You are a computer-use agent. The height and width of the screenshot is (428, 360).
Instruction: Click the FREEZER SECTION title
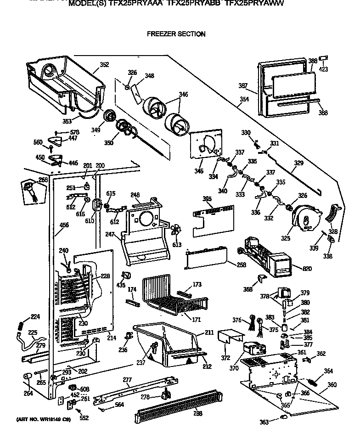tap(176, 34)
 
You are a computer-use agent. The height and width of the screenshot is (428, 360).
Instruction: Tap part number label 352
tap(104, 65)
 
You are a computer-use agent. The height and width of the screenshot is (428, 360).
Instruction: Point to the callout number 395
tap(208, 199)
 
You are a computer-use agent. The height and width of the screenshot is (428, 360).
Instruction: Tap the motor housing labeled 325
tap(306, 218)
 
